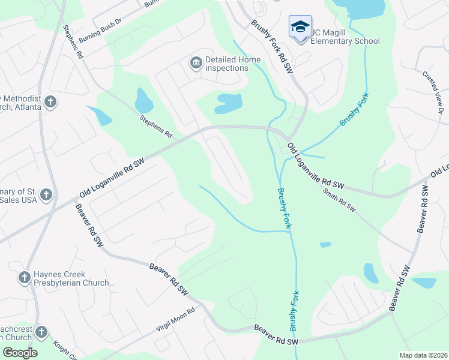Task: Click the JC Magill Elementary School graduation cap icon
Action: [300, 26]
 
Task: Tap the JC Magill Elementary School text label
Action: [345, 41]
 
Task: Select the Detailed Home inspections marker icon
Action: [196, 63]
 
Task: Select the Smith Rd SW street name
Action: [339, 201]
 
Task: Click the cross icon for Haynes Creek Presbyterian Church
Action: [24, 277]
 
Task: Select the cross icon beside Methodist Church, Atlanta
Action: [50, 102]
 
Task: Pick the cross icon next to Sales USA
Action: [46, 195]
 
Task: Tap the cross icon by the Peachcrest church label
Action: [41, 332]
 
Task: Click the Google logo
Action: [19, 353]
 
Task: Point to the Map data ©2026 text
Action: [423, 355]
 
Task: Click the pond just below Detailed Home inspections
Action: [229, 103]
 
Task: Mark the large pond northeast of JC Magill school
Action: [360, 7]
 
